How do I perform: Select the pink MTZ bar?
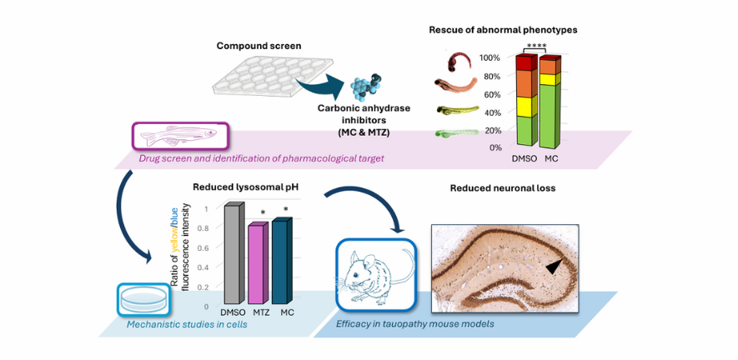pos(259,263)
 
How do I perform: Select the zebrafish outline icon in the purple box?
pos(178,136)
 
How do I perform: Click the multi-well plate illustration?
pos(273,75)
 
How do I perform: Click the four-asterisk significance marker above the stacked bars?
pos(535,45)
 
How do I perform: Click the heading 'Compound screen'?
pos(259,46)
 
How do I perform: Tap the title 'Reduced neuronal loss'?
pos(503,188)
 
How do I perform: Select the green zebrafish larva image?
pos(456,133)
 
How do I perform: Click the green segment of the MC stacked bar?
pos(549,115)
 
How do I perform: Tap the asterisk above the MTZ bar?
pos(264,212)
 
